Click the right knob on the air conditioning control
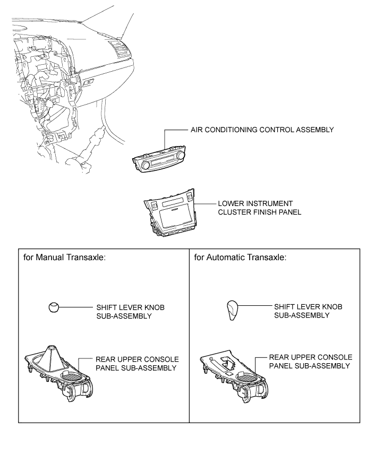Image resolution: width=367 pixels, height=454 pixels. pos(182,155)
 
